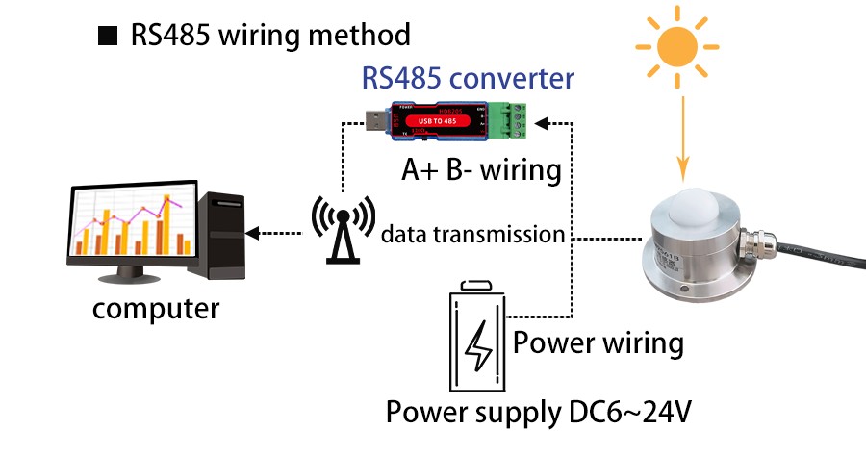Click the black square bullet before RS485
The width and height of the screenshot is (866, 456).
pos(107,38)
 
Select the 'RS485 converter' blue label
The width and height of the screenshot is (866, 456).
pos(468,77)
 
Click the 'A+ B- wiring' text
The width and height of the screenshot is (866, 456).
pos(480,170)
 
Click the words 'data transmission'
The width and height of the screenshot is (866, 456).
pos(471,234)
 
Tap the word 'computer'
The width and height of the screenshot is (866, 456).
pos(156,310)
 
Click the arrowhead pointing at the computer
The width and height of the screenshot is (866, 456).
pos(253,233)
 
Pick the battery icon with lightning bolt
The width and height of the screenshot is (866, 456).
pos(478,337)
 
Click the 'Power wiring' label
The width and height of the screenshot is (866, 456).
pos(599,342)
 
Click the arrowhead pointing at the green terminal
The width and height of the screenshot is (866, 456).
pos(542,122)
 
